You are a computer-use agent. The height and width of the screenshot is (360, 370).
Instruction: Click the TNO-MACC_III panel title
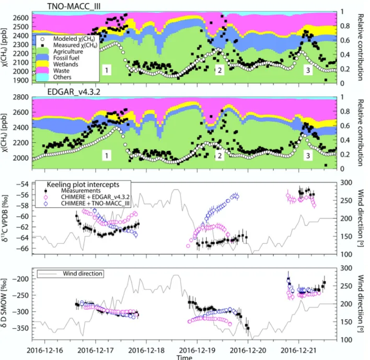click(x=74, y=6)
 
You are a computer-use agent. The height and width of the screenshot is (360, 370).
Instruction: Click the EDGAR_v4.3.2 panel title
click(x=74, y=92)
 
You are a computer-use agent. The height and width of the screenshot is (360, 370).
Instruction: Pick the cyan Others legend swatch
click(x=42, y=77)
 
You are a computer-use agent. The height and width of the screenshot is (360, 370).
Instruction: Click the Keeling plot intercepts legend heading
click(x=83, y=185)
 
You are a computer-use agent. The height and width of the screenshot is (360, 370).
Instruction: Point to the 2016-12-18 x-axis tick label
click(x=146, y=350)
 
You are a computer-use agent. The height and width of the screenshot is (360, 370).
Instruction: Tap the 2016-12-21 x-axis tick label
click(x=299, y=350)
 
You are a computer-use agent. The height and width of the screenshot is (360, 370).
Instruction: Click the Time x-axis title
click(x=184, y=357)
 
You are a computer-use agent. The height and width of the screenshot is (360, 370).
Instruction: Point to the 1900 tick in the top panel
click(x=21, y=80)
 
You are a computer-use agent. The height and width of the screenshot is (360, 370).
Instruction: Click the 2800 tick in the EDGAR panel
click(x=21, y=97)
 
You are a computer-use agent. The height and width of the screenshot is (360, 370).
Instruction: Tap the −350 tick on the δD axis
click(x=20, y=328)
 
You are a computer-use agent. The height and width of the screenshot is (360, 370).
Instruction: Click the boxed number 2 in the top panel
click(x=219, y=70)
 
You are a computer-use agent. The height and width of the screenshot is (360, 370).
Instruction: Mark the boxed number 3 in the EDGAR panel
click(x=308, y=156)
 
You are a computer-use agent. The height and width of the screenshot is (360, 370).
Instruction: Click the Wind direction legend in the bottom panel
click(x=71, y=274)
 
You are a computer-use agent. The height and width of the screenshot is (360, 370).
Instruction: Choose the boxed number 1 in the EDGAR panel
click(x=107, y=156)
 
